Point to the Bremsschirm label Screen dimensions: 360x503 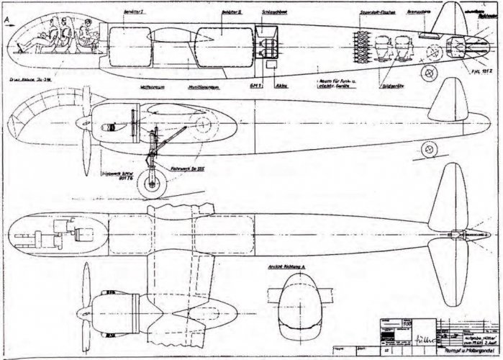(x=420, y=13)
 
